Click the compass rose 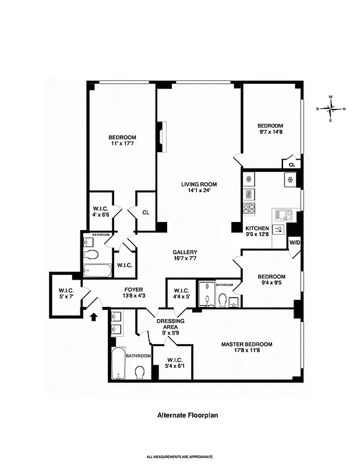(331, 108)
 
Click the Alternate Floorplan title (179, 415)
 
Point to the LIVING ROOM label (199, 185)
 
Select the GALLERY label (185, 252)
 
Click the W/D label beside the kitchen (295, 242)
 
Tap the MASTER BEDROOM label (246, 344)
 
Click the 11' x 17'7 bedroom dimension (123, 143)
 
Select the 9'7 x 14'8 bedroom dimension (270, 132)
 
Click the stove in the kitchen (249, 209)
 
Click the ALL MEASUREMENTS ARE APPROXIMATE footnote (179, 457)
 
